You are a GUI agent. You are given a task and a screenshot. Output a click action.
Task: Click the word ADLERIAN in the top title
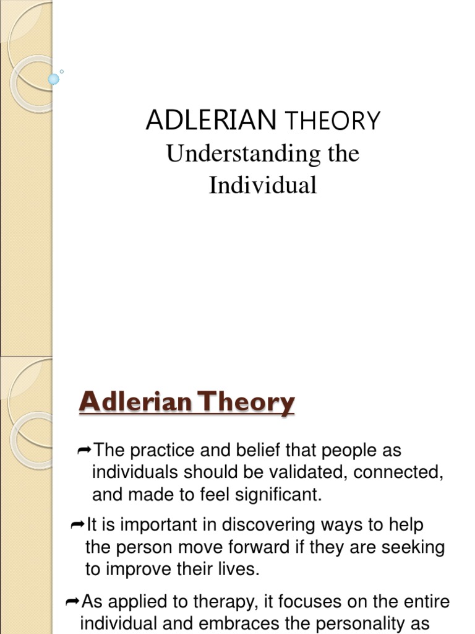pos(210,120)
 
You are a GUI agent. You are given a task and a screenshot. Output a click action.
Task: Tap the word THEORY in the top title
pos(332,121)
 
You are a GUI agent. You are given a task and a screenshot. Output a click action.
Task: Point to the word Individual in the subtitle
pos(263,185)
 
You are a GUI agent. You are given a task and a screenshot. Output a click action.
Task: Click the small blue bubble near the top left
pos(54,79)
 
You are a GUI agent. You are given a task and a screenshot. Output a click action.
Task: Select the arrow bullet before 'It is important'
pos(77,525)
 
